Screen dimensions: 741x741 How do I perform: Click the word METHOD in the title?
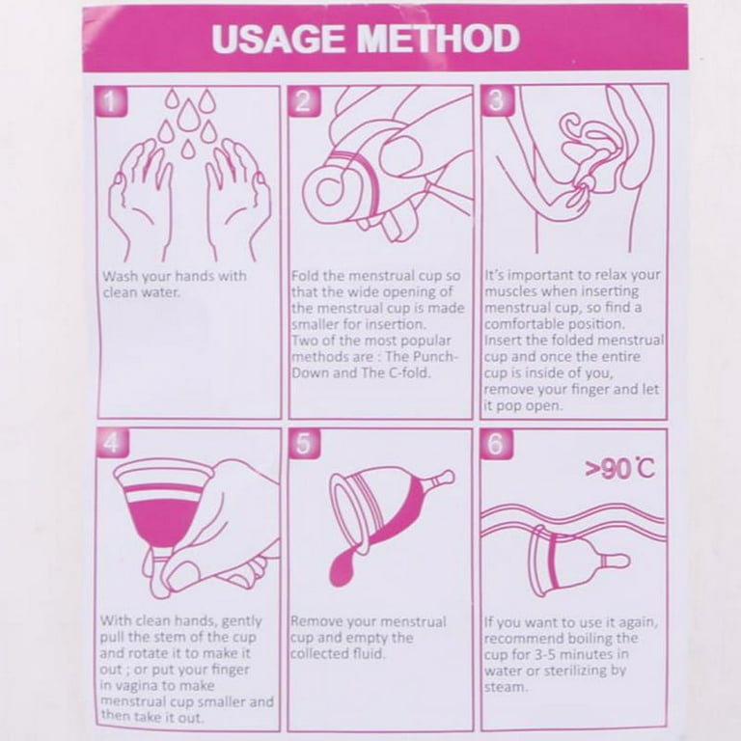click(x=439, y=39)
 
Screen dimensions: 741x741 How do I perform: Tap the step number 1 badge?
click(x=111, y=101)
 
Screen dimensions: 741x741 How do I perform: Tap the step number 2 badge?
click(x=304, y=100)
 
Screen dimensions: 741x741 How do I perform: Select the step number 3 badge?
click(x=496, y=99)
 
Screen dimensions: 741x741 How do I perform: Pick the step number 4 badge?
click(x=112, y=443)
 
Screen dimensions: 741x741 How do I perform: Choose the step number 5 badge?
click(x=304, y=443)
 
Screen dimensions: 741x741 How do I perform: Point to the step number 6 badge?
click(x=496, y=443)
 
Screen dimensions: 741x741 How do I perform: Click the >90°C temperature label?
click(x=620, y=469)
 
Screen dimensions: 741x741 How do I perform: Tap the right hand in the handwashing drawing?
click(x=237, y=199)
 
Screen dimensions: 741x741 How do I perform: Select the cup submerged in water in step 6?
click(x=579, y=561)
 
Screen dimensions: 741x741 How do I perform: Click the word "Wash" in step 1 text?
click(x=121, y=276)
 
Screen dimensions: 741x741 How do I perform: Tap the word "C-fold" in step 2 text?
click(x=409, y=372)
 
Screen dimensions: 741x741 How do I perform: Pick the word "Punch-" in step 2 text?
click(x=435, y=356)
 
